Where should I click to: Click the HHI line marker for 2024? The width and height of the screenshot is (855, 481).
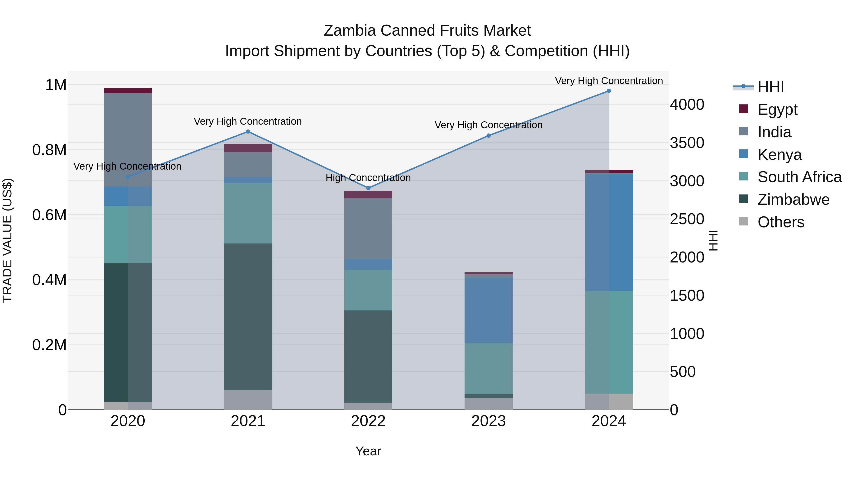(x=609, y=91)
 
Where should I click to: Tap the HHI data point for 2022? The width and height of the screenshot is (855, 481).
(x=368, y=188)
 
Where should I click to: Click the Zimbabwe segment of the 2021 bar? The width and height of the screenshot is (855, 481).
(x=248, y=316)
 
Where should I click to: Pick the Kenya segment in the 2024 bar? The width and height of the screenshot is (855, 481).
(x=609, y=232)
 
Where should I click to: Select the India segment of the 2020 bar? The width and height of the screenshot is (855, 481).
(x=128, y=139)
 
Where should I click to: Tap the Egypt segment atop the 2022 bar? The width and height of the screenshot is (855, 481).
(x=368, y=195)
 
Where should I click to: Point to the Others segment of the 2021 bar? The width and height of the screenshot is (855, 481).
(x=248, y=400)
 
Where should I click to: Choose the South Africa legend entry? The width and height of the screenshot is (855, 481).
(x=799, y=177)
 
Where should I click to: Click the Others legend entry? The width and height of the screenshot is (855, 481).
(x=781, y=222)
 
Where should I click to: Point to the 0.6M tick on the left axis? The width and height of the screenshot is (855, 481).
(x=49, y=215)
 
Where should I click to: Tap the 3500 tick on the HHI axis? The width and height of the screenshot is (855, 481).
(x=687, y=143)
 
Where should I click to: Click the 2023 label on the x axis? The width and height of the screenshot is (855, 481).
(x=488, y=421)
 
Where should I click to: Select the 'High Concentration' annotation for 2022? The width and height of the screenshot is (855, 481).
(x=368, y=178)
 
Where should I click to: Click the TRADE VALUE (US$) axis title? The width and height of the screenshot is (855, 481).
(x=7, y=240)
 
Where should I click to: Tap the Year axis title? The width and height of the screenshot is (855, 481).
(x=368, y=451)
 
